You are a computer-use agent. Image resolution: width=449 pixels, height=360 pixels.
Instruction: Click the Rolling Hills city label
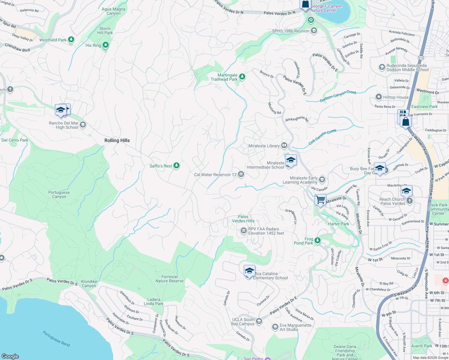tap(117, 140)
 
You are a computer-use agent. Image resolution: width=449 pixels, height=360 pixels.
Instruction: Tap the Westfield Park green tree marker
tap(71, 39)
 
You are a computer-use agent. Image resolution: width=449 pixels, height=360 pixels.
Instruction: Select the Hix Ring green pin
tap(105, 45)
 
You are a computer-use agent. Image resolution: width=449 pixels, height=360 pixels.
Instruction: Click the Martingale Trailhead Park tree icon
tap(242, 77)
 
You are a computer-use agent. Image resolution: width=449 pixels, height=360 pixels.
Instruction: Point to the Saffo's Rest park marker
tap(176, 166)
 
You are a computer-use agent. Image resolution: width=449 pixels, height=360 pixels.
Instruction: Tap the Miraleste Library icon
tap(284, 146)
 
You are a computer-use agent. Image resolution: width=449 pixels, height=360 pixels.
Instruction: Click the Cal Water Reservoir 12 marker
tap(241, 174)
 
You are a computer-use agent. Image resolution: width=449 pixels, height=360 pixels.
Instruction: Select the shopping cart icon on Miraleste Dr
tap(321, 199)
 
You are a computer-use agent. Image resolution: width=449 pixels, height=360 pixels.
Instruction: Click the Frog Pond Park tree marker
tap(318, 241)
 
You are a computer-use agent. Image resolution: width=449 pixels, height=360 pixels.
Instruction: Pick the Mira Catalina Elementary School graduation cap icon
tap(249, 271)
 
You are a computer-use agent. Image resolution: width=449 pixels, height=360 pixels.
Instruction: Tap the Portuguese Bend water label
tap(56, 339)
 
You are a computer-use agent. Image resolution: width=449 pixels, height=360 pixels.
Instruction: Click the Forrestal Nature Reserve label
tap(169, 279)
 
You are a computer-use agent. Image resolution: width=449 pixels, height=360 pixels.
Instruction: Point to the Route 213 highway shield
tap(421, 58)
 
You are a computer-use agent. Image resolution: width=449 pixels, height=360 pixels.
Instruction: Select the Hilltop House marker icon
tap(379, 97)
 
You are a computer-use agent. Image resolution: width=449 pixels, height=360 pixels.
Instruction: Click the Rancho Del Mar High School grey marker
tap(83, 124)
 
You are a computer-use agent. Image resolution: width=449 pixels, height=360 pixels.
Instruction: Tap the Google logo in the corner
tap(10, 356)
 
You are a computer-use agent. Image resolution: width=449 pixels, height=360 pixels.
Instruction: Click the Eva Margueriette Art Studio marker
tap(275, 327)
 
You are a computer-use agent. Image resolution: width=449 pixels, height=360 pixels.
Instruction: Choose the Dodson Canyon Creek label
tap(338, 96)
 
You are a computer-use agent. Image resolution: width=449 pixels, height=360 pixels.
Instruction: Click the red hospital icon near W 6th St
tap(445, 280)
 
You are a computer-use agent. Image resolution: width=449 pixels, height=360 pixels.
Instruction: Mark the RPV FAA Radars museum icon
tap(243, 231)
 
